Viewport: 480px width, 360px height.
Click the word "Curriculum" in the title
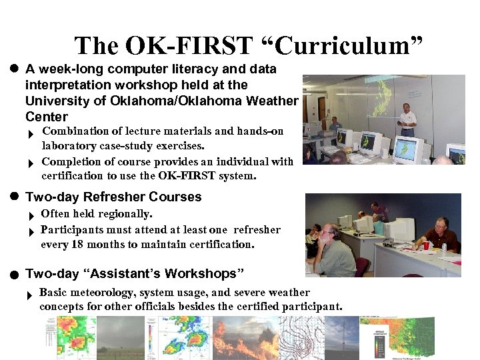(351, 46)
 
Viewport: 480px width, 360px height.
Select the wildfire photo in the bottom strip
(245, 337)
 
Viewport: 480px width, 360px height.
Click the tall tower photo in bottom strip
(342, 337)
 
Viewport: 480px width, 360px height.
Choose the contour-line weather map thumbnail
(301, 337)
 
